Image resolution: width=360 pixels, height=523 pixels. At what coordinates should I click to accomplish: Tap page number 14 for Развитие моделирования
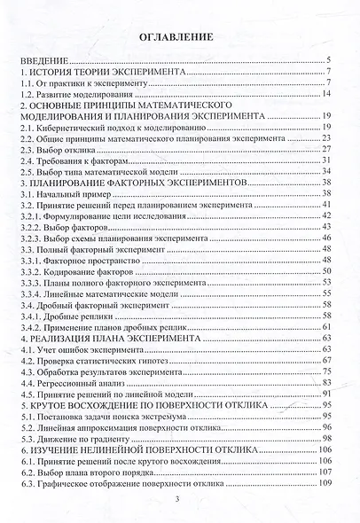coord(326,94)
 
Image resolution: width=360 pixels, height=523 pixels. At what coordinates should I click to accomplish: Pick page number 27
coord(326,150)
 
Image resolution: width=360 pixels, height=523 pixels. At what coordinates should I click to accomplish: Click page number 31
coord(326,160)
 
